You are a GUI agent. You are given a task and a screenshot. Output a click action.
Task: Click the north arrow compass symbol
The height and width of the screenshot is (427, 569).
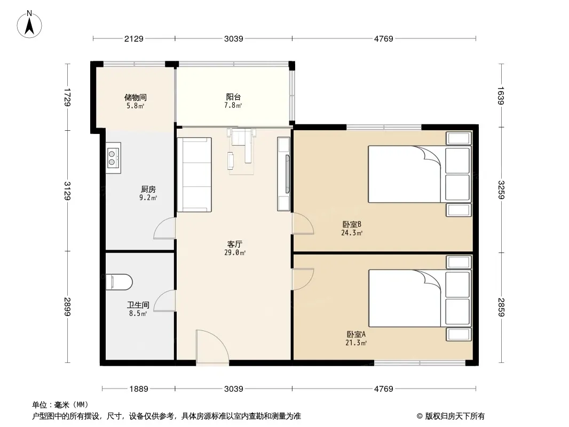[29, 25]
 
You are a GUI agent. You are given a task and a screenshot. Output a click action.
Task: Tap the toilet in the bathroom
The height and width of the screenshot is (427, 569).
[119, 282]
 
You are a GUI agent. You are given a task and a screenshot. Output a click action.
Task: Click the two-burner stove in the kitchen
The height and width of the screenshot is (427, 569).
[113, 158]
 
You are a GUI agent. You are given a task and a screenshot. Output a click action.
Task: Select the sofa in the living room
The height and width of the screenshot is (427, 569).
[194, 175]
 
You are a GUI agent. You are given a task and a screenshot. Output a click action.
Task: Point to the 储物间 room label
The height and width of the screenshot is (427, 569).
[136, 97]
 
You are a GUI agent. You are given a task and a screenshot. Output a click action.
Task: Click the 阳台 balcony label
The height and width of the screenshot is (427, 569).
[233, 97]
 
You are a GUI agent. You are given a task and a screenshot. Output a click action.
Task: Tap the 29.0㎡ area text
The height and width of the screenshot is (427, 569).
[235, 253]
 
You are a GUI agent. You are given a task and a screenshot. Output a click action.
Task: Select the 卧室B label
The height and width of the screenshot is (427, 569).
[352, 224]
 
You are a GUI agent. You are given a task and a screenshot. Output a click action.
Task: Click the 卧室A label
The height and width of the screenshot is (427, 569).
[356, 334]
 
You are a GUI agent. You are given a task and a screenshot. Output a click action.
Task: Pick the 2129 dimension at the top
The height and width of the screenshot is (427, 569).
[134, 38]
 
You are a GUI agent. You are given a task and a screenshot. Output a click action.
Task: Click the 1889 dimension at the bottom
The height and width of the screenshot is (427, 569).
[139, 389]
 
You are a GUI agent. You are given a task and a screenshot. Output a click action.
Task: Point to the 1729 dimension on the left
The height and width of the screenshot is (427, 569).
[67, 97]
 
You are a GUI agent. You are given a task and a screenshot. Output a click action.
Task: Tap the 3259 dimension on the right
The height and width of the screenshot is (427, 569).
[501, 189]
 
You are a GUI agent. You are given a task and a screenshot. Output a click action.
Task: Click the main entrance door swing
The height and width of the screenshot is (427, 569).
[212, 346]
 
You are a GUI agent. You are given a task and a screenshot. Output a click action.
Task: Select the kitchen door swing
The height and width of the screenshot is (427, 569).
[165, 228]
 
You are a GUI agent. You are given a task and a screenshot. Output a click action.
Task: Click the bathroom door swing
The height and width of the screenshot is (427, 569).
[165, 301]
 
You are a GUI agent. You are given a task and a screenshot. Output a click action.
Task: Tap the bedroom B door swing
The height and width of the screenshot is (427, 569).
[303, 224]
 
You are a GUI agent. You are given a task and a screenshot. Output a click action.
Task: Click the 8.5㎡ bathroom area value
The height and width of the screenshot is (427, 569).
[138, 313]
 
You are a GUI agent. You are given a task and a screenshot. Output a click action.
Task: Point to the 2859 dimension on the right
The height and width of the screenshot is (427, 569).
[501, 307]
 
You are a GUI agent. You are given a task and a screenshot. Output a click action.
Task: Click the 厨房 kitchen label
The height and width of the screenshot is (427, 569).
[148, 189]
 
